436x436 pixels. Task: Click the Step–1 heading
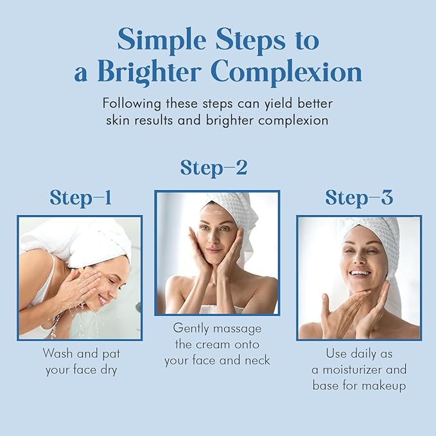(x=80, y=198)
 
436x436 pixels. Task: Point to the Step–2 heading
(x=214, y=168)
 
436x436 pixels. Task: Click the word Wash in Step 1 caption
(x=57, y=353)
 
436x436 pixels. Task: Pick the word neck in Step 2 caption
(x=257, y=360)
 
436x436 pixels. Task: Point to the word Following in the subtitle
(x=130, y=103)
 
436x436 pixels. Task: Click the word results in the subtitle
(x=177, y=120)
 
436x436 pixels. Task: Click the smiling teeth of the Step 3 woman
(x=360, y=273)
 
